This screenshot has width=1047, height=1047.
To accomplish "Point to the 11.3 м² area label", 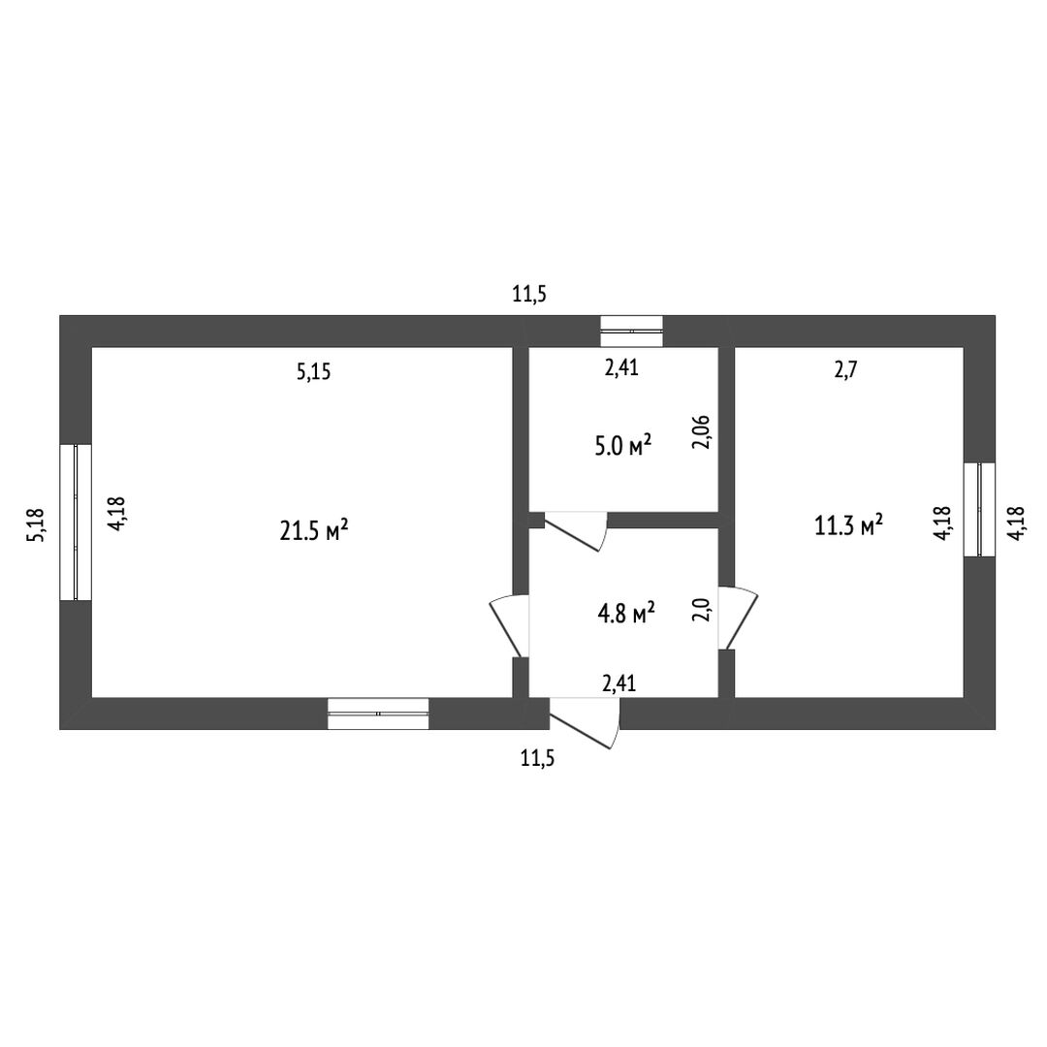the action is [848, 525].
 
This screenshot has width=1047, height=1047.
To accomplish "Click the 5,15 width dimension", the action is [314, 371].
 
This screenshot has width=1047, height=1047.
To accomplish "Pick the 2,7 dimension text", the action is [845, 368].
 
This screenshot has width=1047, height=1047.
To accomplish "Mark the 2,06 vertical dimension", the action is [703, 433].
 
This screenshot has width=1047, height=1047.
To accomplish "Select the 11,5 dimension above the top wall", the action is [530, 295].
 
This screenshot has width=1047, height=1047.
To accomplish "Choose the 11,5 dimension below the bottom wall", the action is [537, 759].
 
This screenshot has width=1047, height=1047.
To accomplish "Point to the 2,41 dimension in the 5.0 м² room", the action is [620, 368].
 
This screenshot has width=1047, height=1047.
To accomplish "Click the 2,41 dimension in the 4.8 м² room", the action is [619, 683].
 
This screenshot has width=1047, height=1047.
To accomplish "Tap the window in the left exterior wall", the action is [76, 522].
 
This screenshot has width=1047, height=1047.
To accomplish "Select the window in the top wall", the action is [631, 331].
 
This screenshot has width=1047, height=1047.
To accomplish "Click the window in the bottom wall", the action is [378, 714].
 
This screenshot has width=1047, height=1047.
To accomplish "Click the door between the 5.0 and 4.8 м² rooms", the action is [575, 529].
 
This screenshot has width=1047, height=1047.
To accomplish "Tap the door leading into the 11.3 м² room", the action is [739, 618].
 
